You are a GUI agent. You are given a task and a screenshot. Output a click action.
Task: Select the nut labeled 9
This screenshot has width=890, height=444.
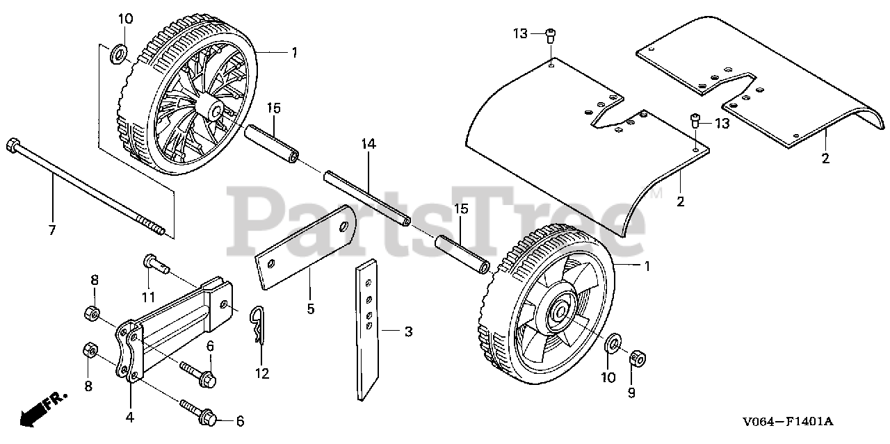click(x=638, y=359)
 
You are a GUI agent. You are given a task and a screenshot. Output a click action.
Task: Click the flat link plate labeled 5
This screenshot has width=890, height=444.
click(x=306, y=254)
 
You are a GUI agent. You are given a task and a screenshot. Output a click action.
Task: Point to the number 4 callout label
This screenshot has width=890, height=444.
click(x=130, y=418)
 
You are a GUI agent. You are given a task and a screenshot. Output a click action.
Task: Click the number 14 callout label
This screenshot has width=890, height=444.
click(x=368, y=144)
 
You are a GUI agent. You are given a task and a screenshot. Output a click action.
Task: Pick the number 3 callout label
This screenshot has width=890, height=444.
click(x=409, y=332)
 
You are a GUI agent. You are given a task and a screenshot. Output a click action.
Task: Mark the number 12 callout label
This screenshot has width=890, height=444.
click(x=261, y=374)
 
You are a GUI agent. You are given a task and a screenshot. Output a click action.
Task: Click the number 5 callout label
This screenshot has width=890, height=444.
click(x=311, y=306)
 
